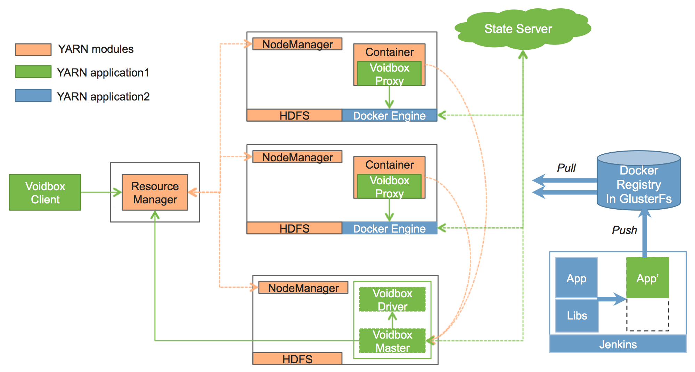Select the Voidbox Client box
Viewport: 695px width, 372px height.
coord(45,193)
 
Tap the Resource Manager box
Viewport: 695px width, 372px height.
coord(155,193)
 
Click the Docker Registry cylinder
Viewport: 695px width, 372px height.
coord(639,184)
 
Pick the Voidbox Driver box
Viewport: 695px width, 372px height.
coord(392,299)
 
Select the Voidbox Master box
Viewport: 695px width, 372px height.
coord(392,341)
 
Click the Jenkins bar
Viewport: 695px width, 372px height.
coord(618,344)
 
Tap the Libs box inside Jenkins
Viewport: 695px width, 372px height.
coord(577,315)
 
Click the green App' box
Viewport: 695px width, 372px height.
coord(647,278)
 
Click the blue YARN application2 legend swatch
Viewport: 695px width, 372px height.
coord(33,96)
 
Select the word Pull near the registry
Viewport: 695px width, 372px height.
coord(566,168)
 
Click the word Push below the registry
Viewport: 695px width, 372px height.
coord(624,230)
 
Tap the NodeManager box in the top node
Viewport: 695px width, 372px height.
coord(297,44)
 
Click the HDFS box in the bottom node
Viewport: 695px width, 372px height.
coord(297,359)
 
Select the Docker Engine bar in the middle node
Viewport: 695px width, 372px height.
coord(389,228)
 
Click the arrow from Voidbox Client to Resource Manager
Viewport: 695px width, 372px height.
coord(101,192)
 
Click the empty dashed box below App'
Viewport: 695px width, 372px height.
coord(647,315)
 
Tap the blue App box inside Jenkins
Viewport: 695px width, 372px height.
coord(576,278)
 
